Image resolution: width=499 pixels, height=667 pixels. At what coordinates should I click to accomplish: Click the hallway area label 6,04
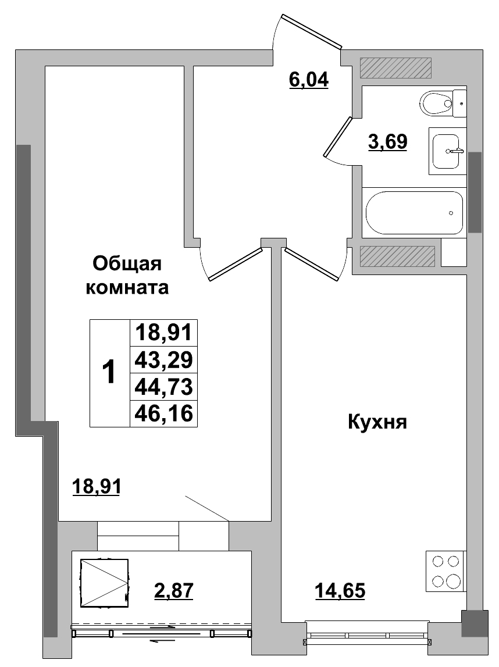click(309, 79)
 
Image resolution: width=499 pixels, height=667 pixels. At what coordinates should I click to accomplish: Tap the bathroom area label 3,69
click(387, 141)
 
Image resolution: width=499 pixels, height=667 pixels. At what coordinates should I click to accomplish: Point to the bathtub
click(414, 212)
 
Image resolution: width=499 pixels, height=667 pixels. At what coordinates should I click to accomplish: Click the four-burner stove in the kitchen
click(445, 570)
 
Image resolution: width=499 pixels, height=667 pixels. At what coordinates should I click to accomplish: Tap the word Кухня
click(376, 422)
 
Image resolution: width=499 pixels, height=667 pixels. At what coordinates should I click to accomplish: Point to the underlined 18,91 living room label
click(96, 486)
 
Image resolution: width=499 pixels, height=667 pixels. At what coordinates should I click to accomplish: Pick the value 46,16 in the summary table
click(163, 413)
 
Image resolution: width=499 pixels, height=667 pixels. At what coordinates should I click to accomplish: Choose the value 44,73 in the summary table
click(163, 387)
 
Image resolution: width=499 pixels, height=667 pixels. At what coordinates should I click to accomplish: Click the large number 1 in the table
click(108, 372)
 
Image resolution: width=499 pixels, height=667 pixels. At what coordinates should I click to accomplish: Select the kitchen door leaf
click(311, 263)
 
